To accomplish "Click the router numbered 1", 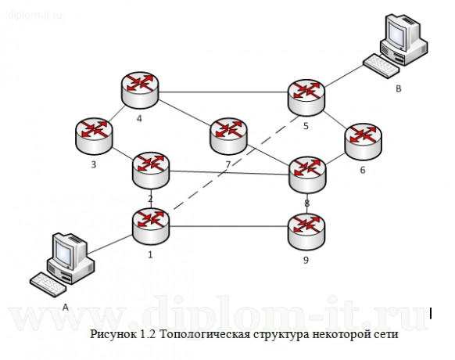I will click(x=150, y=225).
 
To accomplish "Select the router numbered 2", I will click(x=150, y=170).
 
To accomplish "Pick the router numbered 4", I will click(x=140, y=88).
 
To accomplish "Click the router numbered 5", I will click(x=306, y=95).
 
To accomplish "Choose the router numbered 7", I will click(x=228, y=135).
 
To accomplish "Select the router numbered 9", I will click(x=306, y=229).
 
